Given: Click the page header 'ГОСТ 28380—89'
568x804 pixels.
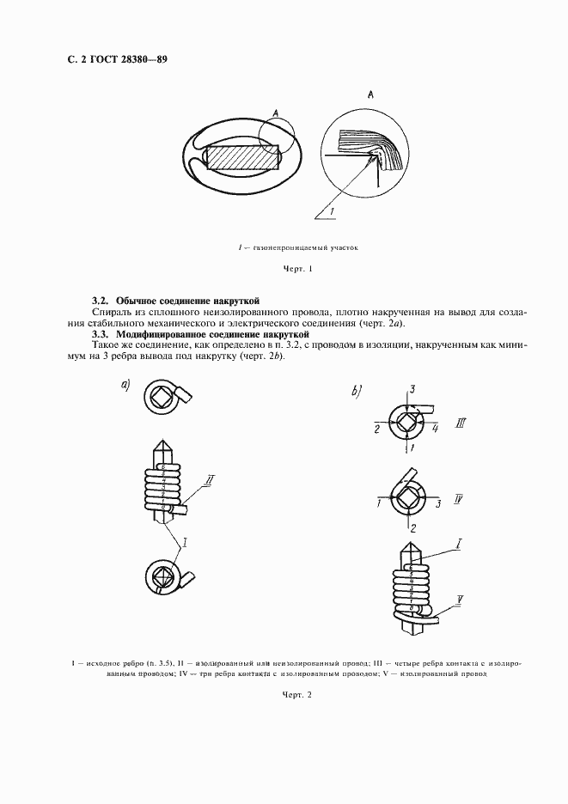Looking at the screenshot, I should pos(136,60).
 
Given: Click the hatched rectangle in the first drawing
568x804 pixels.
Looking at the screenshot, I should pos(243,158).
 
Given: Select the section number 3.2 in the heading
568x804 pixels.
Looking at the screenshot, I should pos(100,301).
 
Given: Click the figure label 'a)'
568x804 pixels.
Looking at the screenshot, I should pos(125,386).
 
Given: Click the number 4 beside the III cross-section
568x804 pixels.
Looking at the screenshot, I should pos(436,427).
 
